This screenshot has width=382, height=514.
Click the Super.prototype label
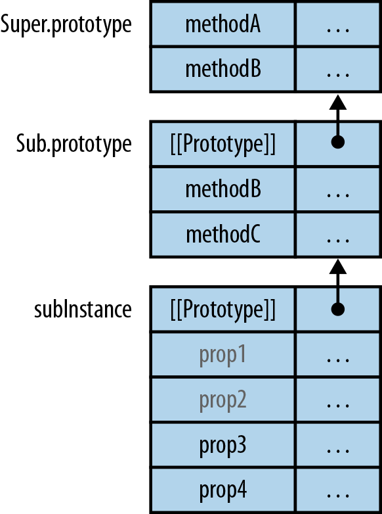[x=66, y=24]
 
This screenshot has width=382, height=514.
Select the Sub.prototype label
[x=74, y=144]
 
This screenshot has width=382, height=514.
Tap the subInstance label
[x=83, y=308]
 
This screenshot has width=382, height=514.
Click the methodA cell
[x=223, y=24]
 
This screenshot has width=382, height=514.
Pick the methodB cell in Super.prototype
[x=223, y=69]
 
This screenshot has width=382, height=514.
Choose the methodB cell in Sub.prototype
[x=223, y=189]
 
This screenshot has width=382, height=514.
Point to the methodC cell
[x=223, y=234]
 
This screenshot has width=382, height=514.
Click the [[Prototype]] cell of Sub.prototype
[x=223, y=144]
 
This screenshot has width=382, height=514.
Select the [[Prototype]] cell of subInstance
[x=223, y=308]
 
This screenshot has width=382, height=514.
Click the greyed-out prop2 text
[x=223, y=400]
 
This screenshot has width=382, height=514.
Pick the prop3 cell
[x=223, y=445]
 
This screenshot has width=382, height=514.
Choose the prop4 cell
[x=223, y=490]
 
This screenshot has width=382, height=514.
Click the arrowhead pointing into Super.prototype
[x=337, y=103]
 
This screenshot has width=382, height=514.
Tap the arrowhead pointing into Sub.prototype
[x=337, y=267]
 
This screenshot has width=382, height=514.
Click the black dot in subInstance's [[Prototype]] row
[x=337, y=308]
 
